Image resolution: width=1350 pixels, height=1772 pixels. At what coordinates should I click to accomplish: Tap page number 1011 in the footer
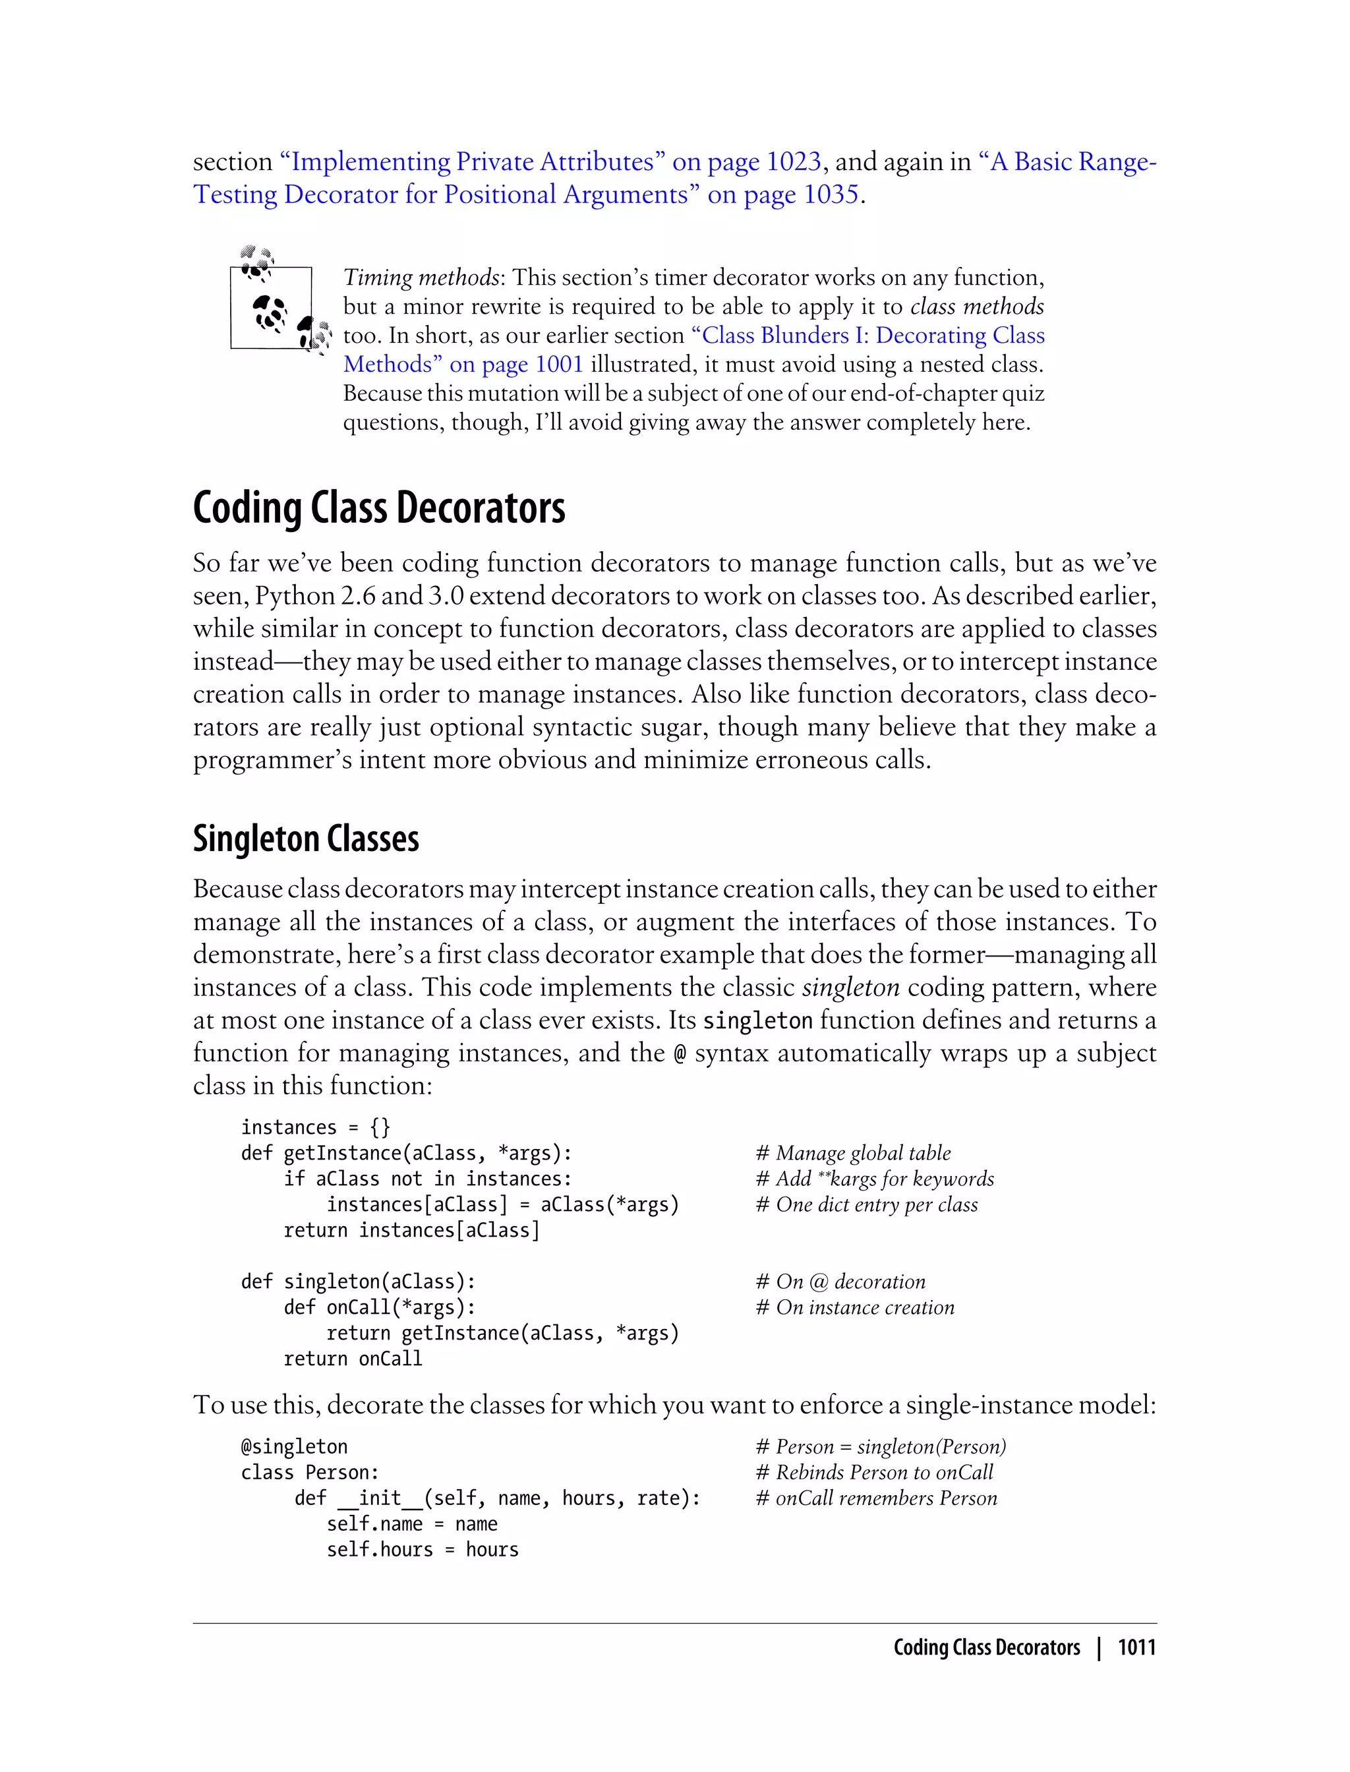click(1136, 1647)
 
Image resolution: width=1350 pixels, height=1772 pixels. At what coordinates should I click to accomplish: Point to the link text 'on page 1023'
click(746, 162)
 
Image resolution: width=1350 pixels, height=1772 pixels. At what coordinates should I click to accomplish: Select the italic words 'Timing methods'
click(421, 278)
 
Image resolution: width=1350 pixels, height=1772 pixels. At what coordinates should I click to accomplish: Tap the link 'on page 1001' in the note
click(516, 364)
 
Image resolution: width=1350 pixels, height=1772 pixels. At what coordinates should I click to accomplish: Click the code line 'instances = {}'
click(315, 1127)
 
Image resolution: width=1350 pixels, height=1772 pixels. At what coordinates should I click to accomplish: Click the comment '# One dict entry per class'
click(866, 1204)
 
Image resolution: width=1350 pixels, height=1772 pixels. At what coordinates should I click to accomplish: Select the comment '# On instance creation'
click(855, 1307)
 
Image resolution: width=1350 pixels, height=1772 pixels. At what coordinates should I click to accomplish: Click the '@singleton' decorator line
click(294, 1446)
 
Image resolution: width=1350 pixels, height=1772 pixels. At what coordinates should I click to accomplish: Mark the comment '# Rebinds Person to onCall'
click(874, 1472)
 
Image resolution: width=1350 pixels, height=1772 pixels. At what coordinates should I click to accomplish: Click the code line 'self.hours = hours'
click(422, 1549)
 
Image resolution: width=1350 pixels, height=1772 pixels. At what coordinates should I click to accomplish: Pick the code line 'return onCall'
click(352, 1358)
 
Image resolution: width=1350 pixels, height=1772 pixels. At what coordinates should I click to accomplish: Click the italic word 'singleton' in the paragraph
click(850, 987)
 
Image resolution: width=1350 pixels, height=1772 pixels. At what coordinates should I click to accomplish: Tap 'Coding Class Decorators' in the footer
click(986, 1647)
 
